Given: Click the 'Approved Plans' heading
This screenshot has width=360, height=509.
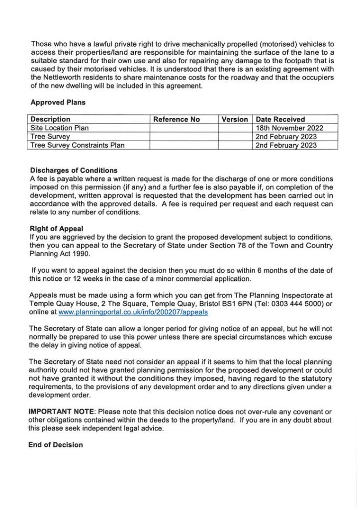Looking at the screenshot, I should pos(58,103).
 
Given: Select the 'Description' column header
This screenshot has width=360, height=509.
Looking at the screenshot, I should pos(51,119).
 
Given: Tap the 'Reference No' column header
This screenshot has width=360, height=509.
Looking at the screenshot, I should pos(177,119).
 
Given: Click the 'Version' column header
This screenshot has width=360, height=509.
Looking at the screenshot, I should pos(235,119).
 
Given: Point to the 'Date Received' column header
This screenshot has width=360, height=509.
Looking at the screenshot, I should pos(280,119).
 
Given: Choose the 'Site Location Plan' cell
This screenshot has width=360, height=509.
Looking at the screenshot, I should pos(59,128).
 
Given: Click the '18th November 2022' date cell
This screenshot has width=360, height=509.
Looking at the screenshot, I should pos(289,128).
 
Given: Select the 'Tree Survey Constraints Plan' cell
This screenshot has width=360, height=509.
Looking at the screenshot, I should pos(78,145).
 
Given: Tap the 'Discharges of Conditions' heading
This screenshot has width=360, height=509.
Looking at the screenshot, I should pos(74,170).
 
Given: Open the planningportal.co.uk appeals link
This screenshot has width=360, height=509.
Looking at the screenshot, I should pos(133,312).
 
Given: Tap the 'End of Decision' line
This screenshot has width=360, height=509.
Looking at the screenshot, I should pos(56,445).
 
